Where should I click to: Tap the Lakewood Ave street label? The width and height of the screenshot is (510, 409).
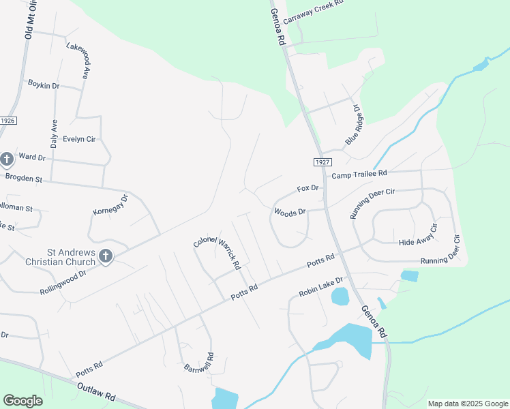(x=78, y=60)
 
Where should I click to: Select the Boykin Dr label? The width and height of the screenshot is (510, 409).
(x=44, y=85)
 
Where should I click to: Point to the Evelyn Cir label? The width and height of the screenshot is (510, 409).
(x=79, y=139)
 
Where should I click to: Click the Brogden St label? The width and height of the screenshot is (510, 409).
(x=24, y=179)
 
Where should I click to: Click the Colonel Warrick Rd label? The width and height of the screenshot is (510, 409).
(x=217, y=252)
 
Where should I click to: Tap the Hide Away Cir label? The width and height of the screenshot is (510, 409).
(x=415, y=242)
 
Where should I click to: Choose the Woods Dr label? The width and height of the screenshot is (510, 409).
(x=290, y=213)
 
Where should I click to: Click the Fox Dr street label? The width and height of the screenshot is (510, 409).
(x=307, y=188)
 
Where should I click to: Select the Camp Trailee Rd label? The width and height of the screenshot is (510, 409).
(x=359, y=175)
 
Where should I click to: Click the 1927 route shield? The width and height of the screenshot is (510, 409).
(x=323, y=162)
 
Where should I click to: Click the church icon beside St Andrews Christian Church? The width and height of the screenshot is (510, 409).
(x=105, y=256)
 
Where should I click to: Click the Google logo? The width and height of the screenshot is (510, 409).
(x=22, y=400)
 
